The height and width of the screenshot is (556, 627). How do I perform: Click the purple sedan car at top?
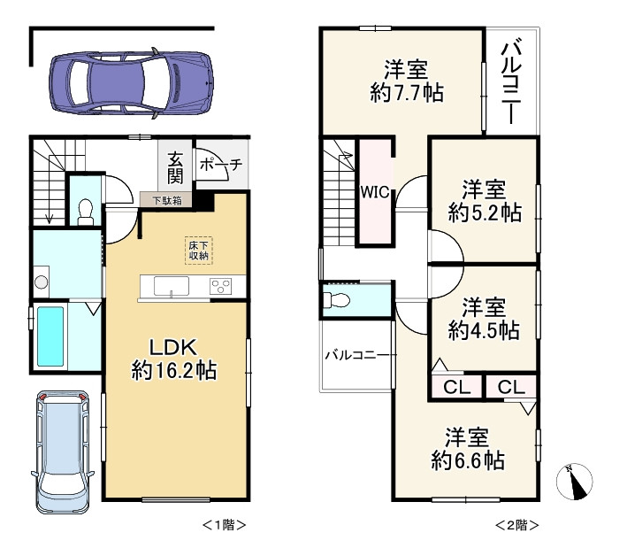pos(131,82)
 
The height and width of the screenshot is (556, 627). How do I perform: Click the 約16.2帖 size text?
pos(175,370)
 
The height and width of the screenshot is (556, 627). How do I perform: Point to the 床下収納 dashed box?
pos(198,250)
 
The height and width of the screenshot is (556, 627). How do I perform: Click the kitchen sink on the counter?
pos(170,287)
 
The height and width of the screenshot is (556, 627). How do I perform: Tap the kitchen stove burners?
pos(219,287)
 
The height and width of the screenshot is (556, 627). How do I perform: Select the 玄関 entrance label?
pos(176,167)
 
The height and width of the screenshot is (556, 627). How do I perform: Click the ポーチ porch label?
pos(220,164)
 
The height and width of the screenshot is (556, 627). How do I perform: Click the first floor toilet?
pos(86,210)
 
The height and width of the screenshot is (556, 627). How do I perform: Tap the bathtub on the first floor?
pos(52,337)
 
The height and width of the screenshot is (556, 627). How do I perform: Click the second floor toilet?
pos(339,298)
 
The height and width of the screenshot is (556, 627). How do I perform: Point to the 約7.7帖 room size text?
pos(407,91)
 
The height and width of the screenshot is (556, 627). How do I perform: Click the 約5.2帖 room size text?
pos(483,212)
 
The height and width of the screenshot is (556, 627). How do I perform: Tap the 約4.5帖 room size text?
pos(483,330)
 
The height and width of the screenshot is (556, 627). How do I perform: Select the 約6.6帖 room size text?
pos(468,459)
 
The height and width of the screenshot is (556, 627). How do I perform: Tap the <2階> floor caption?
pos(516,524)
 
